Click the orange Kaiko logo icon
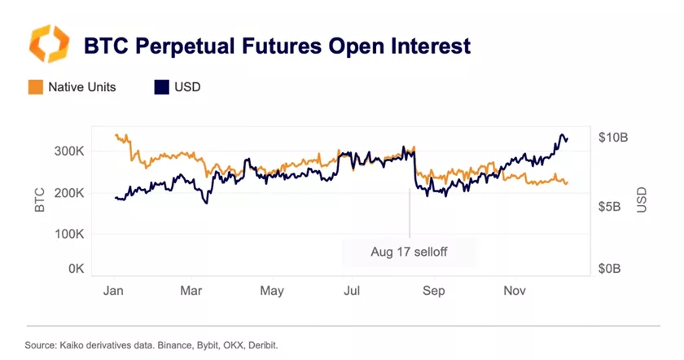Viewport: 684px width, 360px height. point(48,44)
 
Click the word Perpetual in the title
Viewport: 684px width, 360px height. point(180,46)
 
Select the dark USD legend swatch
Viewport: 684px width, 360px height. point(160,87)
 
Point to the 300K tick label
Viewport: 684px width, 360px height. point(71,151)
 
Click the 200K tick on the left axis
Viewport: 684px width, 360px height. point(71,193)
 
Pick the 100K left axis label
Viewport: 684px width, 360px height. point(71,234)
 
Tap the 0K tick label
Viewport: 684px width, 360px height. point(77,268)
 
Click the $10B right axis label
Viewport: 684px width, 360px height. point(612,138)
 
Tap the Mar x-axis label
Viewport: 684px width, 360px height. point(191,291)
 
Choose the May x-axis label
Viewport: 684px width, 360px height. point(272,291)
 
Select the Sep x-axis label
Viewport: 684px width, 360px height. point(434,291)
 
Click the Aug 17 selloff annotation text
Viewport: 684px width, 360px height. point(409,252)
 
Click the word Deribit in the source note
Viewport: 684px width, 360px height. point(261,345)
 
